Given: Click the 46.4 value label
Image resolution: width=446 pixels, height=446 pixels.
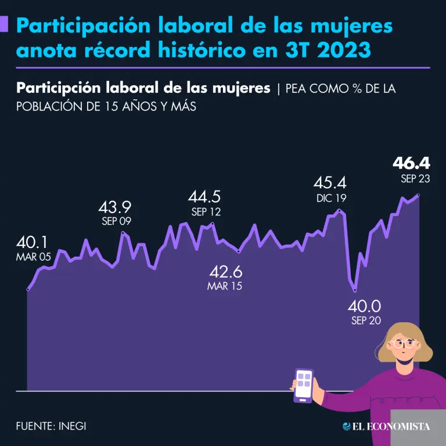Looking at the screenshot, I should coord(412,163).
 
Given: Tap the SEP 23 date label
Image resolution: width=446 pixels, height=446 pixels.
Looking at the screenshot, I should coord(415,179).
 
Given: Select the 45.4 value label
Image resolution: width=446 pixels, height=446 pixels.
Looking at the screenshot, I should coord(330,183).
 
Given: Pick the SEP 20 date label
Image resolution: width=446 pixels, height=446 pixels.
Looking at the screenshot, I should coord(366,321).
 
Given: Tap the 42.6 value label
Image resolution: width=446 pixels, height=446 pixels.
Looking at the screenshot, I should coord(225,271).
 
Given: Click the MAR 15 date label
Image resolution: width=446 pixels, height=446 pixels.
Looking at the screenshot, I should coord(225,286).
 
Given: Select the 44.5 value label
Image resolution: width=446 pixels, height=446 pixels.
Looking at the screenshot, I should coord(206,196).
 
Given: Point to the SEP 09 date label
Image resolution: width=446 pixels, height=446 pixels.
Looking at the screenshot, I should coord(117,221).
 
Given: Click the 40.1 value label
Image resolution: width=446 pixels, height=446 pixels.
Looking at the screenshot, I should coord(33,242).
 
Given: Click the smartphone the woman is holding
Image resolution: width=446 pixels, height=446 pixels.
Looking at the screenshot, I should coord(304,385).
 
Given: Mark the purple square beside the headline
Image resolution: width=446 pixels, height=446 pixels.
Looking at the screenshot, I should coord(5,24).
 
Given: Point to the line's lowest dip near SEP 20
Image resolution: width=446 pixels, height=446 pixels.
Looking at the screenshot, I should coord(354,290).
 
